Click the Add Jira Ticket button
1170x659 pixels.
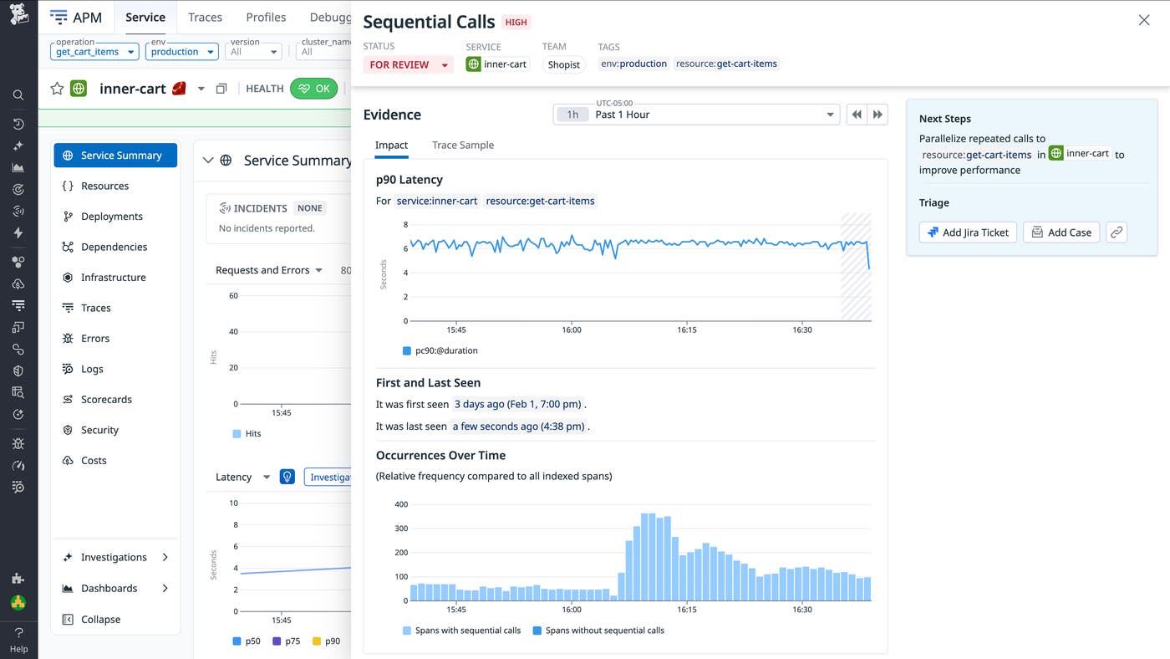coord(968,232)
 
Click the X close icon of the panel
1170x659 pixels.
coord(1144,20)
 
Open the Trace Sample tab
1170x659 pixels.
coord(462,145)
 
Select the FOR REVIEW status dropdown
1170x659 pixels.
coord(408,64)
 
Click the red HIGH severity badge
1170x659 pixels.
coord(516,23)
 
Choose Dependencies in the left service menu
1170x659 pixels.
coord(114,247)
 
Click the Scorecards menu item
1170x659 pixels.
coord(106,400)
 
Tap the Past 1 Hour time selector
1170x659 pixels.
coord(696,115)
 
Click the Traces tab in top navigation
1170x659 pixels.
coord(205,17)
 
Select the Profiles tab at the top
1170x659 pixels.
coord(266,17)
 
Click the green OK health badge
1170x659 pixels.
coord(313,89)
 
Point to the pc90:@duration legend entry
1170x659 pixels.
coord(445,350)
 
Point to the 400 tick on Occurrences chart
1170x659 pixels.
coord(400,504)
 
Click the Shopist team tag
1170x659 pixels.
coord(563,64)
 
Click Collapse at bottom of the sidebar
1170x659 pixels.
coord(100,620)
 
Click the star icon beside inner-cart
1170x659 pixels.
coord(57,89)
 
